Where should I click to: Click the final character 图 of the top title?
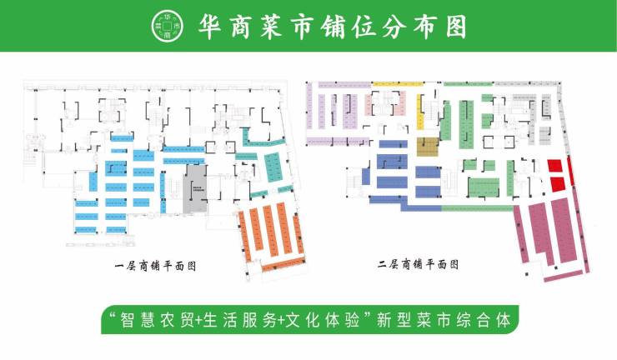click(x=452, y=26)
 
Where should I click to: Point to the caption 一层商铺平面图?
click(x=160, y=267)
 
